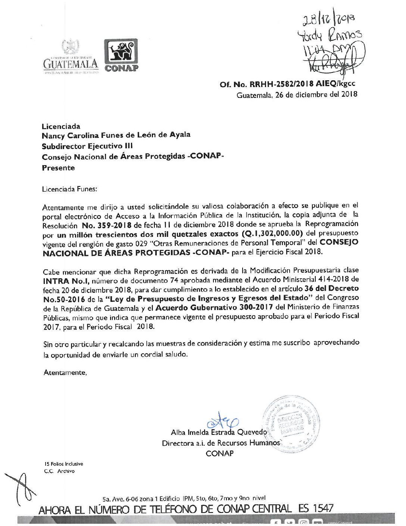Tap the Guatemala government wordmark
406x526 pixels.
click(71, 64)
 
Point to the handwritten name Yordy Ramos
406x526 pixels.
click(329, 36)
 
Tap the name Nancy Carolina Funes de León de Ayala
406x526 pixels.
click(116, 135)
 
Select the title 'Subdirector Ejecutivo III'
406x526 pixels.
click(87, 146)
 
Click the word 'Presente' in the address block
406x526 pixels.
click(58, 168)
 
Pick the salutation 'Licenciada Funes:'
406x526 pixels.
click(69, 189)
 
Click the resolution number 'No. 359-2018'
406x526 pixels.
click(107, 226)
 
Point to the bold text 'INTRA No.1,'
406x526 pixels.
click(66, 281)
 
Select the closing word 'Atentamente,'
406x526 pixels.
click(65, 372)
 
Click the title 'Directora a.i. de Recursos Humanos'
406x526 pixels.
click(221, 443)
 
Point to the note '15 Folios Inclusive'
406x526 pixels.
click(64, 464)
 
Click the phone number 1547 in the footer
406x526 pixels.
click(323, 508)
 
